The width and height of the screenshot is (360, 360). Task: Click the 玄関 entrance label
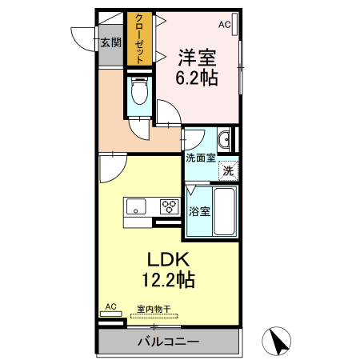tap(110, 42)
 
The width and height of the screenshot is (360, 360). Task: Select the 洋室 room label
tap(198, 58)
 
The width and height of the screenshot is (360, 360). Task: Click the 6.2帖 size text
tap(198, 78)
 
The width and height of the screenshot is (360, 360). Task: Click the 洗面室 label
tap(200, 158)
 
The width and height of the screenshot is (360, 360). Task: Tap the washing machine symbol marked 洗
tap(228, 170)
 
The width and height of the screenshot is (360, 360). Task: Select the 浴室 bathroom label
tap(199, 212)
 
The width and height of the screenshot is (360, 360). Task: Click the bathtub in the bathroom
tap(225, 212)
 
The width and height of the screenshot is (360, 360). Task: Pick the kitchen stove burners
tap(169, 206)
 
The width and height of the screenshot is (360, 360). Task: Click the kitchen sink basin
tap(134, 206)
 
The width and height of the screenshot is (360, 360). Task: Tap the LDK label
tap(167, 260)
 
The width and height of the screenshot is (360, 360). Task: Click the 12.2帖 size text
tap(167, 281)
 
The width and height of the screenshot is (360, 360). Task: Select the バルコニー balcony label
tap(167, 342)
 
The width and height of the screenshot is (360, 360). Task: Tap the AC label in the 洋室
tap(223, 25)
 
